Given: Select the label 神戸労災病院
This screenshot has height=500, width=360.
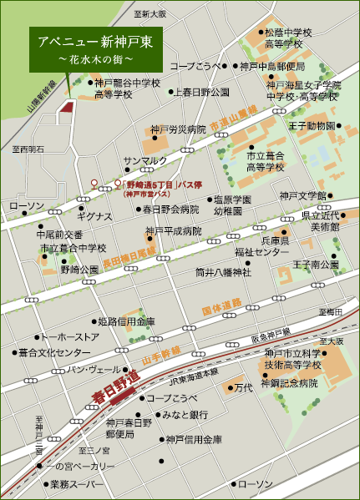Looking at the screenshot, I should tap(178, 129).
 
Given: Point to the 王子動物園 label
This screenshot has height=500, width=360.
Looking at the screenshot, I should tap(312, 126).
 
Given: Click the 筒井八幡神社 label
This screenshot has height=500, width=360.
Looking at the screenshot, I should tap(223, 271).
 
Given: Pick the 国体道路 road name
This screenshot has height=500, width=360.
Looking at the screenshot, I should tap(222, 307).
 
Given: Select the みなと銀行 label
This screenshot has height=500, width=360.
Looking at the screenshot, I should tap(185, 414).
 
